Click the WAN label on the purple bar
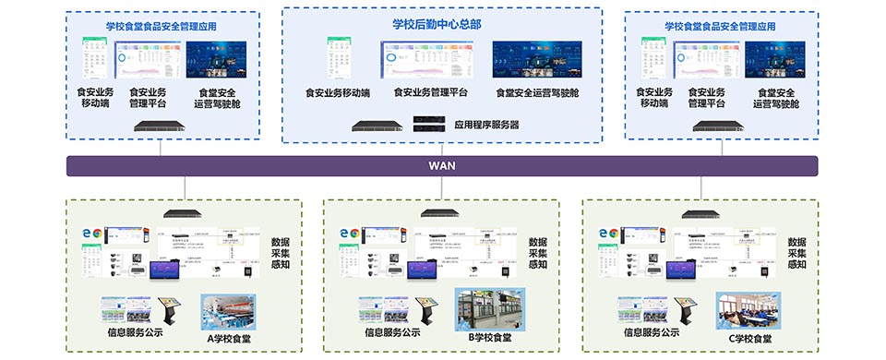[442, 166]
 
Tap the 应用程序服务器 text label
[487, 124]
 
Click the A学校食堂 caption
[229, 337]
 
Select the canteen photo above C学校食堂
[748, 311]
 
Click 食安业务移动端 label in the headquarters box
[338, 93]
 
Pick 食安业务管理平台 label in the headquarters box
[430, 93]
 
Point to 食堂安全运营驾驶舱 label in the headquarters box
[537, 93]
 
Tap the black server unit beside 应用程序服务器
[430, 123]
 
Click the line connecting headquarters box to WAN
[441, 150]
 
